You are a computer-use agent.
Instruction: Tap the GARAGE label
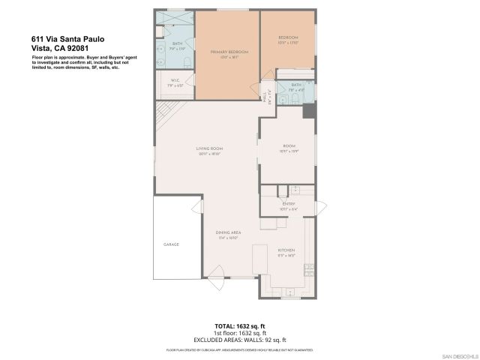pyautogui.click(x=172, y=245)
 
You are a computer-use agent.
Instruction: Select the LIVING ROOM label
pyautogui.click(x=211, y=148)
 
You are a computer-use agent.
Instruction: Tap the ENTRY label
pyautogui.click(x=289, y=202)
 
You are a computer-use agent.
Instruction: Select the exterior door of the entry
pyautogui.click(x=319, y=206)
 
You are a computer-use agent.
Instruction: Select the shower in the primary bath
pyautogui.click(x=174, y=17)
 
